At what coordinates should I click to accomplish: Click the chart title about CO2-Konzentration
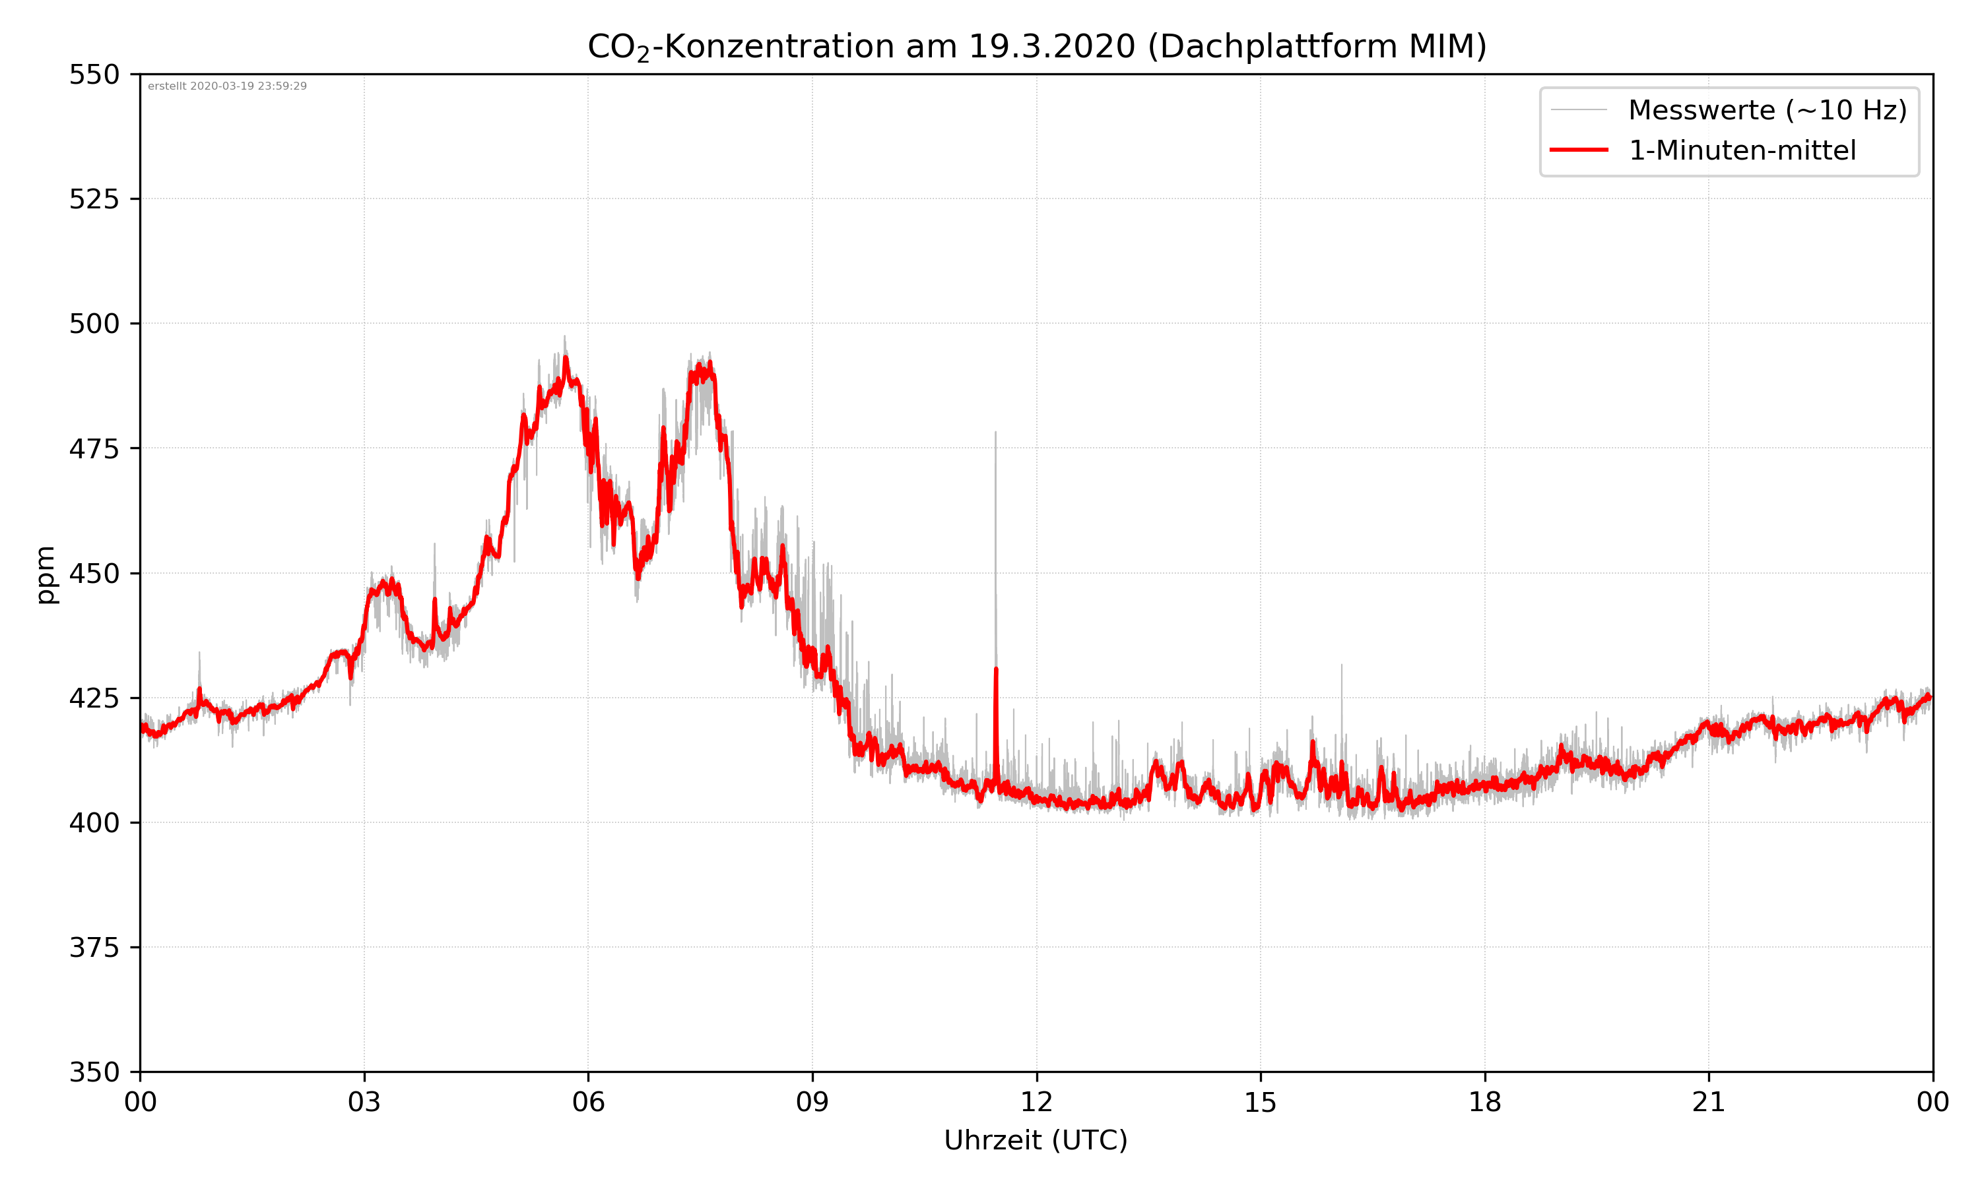[1036, 46]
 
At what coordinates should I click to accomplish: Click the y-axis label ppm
[46, 574]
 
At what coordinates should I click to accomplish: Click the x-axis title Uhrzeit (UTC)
[1036, 1140]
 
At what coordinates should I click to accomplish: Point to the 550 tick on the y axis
[94, 75]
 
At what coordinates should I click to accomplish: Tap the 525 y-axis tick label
[94, 199]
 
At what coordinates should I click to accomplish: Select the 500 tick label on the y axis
[94, 324]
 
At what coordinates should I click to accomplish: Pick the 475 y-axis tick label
[94, 448]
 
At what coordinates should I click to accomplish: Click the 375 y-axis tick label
[94, 948]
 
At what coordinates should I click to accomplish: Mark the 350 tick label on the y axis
[94, 1073]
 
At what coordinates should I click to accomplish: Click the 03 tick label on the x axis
[364, 1102]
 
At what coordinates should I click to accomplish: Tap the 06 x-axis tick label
[588, 1102]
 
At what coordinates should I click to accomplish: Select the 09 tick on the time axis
[812, 1102]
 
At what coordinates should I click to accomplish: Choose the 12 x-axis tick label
[1036, 1102]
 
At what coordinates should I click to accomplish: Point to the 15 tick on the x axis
[1261, 1102]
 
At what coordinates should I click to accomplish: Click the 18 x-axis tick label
[1484, 1102]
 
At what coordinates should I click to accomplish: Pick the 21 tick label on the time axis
[1709, 1102]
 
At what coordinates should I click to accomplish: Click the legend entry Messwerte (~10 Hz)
[1767, 110]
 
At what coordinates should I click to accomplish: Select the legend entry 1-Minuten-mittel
[1742, 150]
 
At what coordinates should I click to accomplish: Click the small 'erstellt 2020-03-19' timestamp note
[227, 86]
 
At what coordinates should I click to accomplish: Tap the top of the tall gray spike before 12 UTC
[995, 433]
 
